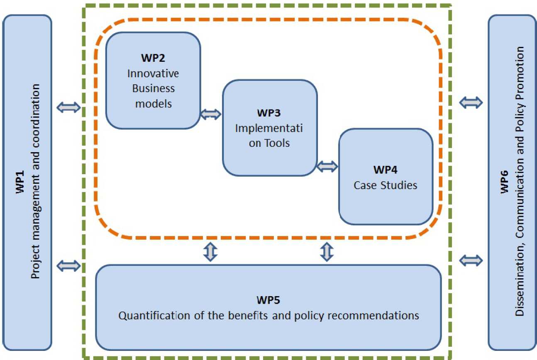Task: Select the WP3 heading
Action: tap(269, 112)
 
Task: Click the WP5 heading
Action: tap(269, 299)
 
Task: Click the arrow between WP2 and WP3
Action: tap(211, 114)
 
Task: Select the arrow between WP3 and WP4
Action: tap(327, 166)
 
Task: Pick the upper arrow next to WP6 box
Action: tap(471, 102)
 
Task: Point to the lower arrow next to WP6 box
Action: tap(471, 260)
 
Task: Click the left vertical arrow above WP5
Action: tap(211, 252)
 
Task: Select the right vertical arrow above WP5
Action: tap(327, 252)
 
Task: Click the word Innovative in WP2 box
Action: tap(153, 73)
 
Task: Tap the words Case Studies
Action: tap(385, 185)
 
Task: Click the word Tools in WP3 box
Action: tap(278, 144)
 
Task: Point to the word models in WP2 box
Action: tap(153, 104)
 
